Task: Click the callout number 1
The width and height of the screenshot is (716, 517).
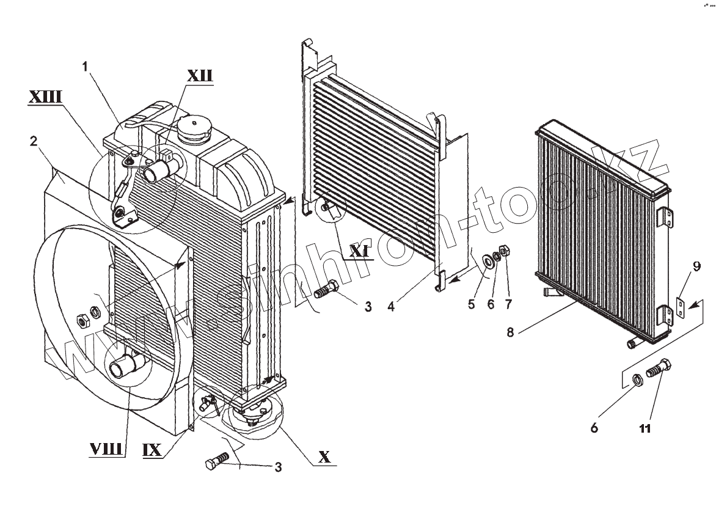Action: pyautogui.click(x=86, y=65)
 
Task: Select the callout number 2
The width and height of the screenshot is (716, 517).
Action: pyautogui.click(x=34, y=141)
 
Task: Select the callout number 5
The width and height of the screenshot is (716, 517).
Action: pyautogui.click(x=471, y=304)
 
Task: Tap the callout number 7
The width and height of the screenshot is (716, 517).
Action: pyautogui.click(x=508, y=304)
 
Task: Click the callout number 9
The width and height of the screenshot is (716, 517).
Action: pyautogui.click(x=697, y=266)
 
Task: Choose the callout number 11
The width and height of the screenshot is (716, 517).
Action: pyautogui.click(x=645, y=428)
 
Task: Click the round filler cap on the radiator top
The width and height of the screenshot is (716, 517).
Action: pyautogui.click(x=194, y=131)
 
